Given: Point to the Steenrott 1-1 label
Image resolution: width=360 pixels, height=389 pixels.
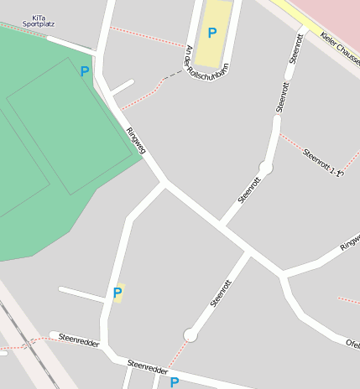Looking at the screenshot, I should [x=324, y=162].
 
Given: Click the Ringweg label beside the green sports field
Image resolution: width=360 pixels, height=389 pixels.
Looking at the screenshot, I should [x=135, y=140].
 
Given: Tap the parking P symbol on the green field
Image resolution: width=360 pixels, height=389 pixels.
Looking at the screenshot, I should [x=84, y=72].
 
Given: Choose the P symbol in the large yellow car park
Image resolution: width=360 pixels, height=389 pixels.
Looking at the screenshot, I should [x=212, y=33].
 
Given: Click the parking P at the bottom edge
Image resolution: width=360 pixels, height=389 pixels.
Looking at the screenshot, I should [x=174, y=382].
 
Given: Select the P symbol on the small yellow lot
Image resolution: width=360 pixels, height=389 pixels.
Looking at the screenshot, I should [x=117, y=293].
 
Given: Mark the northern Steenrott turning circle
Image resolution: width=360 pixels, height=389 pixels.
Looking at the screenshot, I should [x=265, y=169].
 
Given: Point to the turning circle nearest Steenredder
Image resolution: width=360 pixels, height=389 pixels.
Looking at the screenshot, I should [x=190, y=335].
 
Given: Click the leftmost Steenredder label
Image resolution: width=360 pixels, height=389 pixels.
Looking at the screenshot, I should [x=80, y=341].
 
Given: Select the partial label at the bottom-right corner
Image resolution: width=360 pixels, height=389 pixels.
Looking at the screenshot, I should [x=352, y=343].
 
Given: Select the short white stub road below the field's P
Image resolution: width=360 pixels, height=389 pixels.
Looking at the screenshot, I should [x=123, y=87].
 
